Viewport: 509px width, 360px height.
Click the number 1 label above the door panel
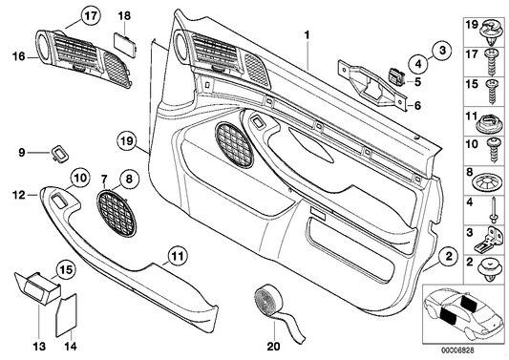click(307, 34)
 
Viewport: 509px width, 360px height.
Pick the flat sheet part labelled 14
click(66, 314)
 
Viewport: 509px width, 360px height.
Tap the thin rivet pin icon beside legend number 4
click(494, 206)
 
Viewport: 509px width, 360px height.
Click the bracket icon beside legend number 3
click(494, 233)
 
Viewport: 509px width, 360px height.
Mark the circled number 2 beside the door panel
click(444, 254)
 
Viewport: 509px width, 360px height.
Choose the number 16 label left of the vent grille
click(15, 57)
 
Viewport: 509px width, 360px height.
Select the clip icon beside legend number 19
click(494, 29)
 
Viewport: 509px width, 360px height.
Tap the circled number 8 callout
click(131, 177)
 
